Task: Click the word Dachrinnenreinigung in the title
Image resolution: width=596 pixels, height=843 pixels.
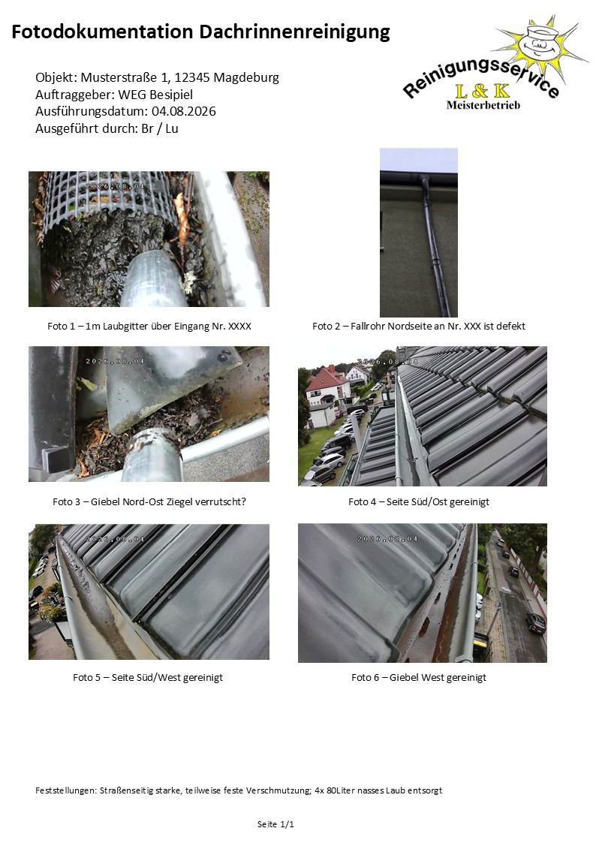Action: click(294, 32)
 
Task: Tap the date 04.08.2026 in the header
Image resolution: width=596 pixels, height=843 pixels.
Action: click(184, 111)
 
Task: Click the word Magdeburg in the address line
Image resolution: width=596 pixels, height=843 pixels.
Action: click(247, 77)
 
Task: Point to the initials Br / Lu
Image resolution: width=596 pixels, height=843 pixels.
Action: click(160, 128)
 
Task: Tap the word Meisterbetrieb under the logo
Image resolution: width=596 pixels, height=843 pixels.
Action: click(483, 105)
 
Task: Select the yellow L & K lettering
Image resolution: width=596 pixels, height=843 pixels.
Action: click(482, 91)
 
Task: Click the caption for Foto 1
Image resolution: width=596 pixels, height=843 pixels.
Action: click(149, 326)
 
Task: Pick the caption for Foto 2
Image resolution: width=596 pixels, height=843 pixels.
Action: click(419, 326)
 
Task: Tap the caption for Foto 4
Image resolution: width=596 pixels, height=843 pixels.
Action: click(419, 501)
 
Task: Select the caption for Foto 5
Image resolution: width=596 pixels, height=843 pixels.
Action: click(148, 677)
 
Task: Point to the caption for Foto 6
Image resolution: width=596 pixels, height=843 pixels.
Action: click(419, 677)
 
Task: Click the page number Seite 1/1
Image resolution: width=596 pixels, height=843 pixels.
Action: click(275, 824)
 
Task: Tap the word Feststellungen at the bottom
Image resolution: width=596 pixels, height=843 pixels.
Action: click(66, 790)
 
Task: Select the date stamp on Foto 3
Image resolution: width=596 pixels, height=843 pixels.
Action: click(115, 361)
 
